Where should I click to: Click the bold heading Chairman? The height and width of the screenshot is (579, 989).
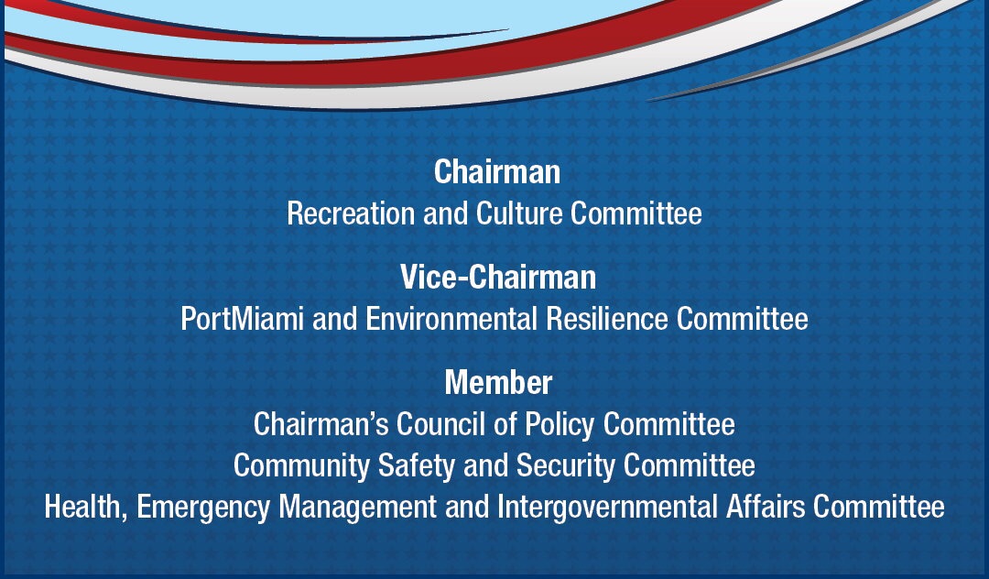point(496,171)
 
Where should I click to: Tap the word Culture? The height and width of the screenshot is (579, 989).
point(519,213)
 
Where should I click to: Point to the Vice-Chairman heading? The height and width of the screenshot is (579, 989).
point(497,277)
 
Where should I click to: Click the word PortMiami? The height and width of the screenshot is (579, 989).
point(241,319)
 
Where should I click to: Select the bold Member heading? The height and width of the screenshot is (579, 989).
point(498,382)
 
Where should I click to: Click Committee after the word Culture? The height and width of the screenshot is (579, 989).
point(636,213)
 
